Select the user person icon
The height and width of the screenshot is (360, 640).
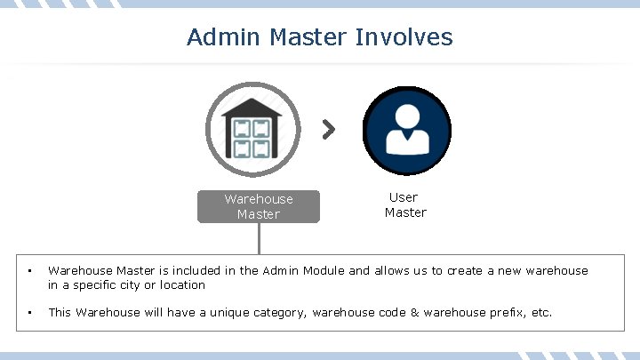pos(407,130)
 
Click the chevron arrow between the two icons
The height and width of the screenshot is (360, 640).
pos(329,130)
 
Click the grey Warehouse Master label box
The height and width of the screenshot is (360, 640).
pos(259,206)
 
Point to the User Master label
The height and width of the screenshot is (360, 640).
pos(404,204)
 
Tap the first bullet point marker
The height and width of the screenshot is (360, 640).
pos(29,270)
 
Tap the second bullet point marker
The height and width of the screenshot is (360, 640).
pos(29,313)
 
